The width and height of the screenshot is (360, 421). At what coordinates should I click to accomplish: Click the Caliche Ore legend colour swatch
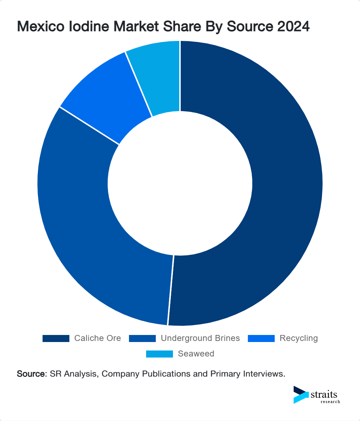point(56,338)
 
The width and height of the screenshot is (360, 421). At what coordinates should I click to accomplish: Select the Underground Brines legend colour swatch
point(142,338)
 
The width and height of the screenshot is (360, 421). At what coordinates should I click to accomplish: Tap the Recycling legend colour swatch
point(261,338)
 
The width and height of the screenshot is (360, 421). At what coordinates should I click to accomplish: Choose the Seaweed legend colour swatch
point(160,354)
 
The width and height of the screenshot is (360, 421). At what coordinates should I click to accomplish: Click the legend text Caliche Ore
point(97,338)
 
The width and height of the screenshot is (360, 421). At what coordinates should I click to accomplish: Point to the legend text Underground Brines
point(200,338)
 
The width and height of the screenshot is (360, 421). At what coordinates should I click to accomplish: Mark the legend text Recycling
point(299,338)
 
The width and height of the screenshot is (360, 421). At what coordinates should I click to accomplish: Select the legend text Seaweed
point(196,354)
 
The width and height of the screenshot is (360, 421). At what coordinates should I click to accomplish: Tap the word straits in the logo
point(324,394)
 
